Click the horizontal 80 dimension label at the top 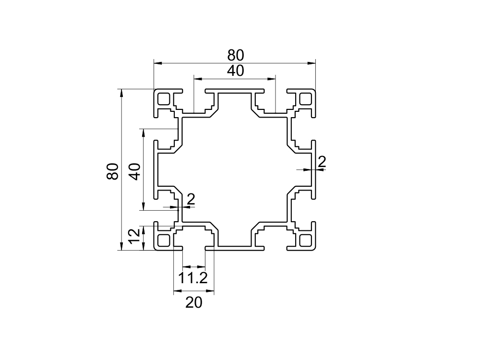[236, 54]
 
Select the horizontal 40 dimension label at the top [235, 71]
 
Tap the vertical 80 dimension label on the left [112, 171]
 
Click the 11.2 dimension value [193, 277]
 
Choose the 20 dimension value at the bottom [193, 303]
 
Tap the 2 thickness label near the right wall [322, 162]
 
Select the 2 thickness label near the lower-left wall [191, 199]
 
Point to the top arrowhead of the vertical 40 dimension [144, 132]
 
